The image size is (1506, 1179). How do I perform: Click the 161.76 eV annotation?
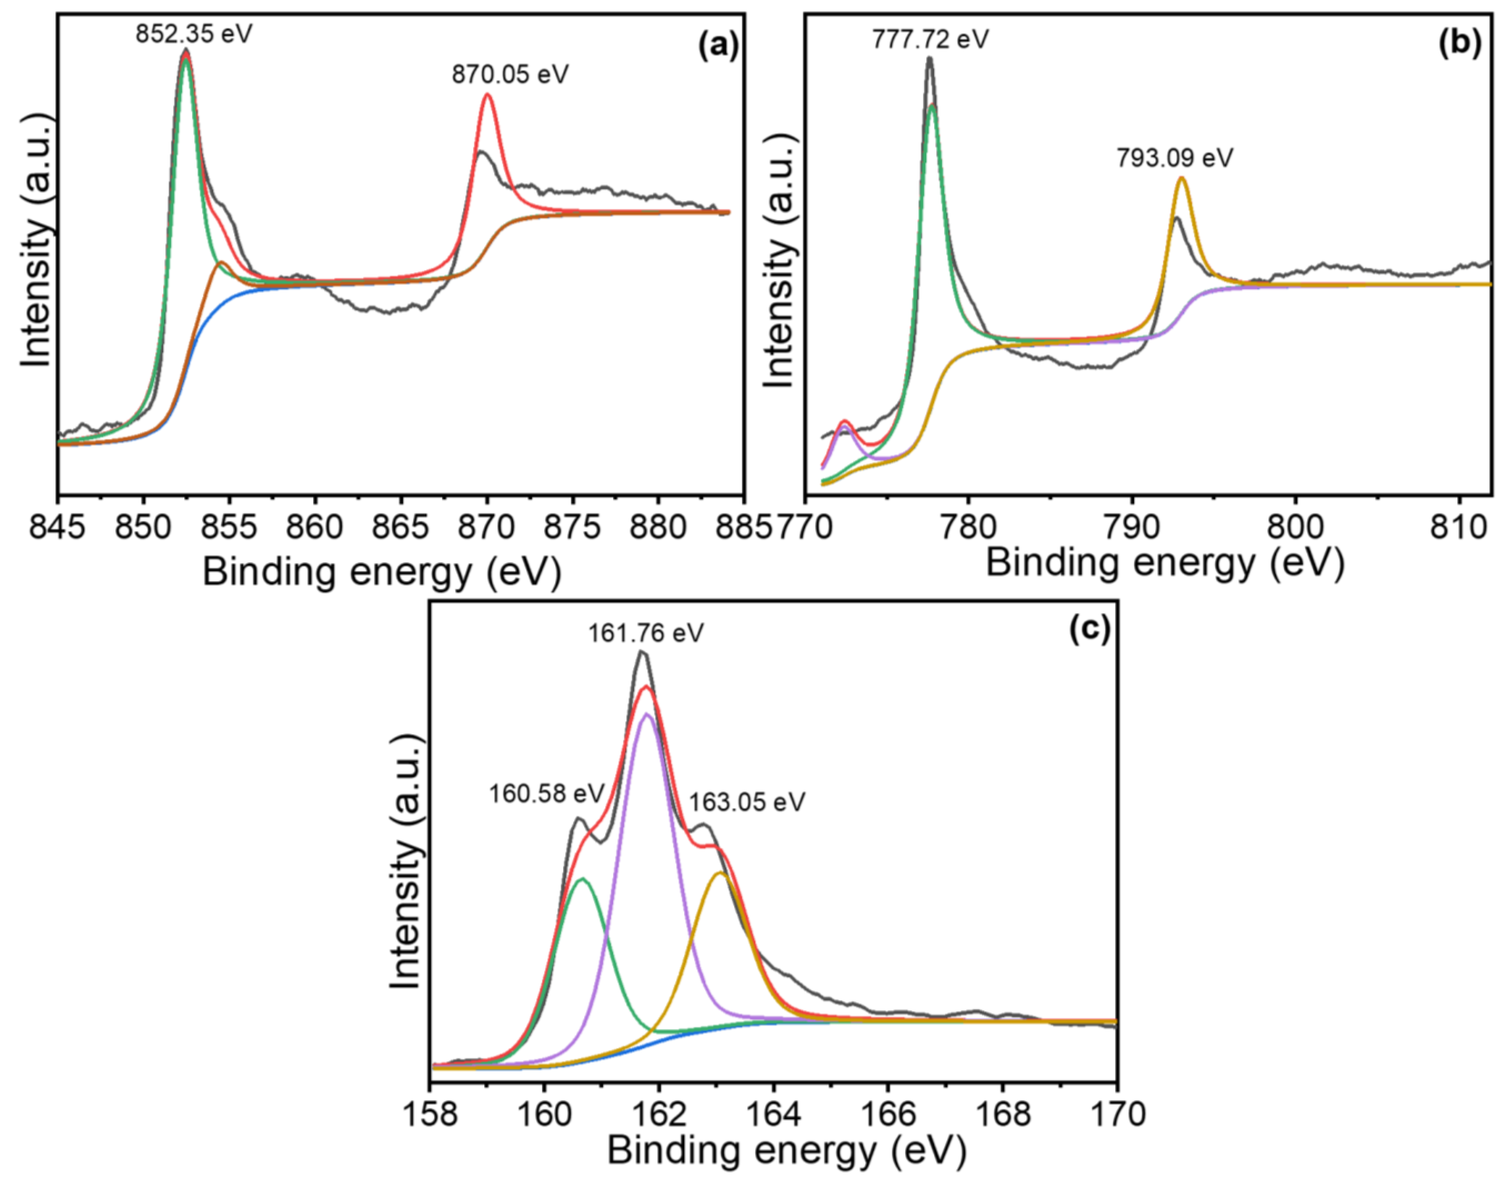(646, 633)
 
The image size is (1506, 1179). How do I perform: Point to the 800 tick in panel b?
(1294, 528)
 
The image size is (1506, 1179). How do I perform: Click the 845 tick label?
(58, 528)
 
